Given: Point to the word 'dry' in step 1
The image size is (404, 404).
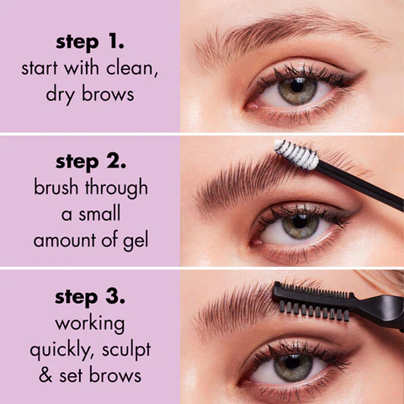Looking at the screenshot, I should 62,94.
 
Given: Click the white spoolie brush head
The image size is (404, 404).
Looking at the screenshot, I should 297,155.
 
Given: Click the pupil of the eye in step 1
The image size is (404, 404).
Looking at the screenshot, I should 297,89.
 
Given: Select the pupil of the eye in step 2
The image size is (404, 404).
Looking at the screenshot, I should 300,225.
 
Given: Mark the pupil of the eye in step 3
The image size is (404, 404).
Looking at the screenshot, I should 296,364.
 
